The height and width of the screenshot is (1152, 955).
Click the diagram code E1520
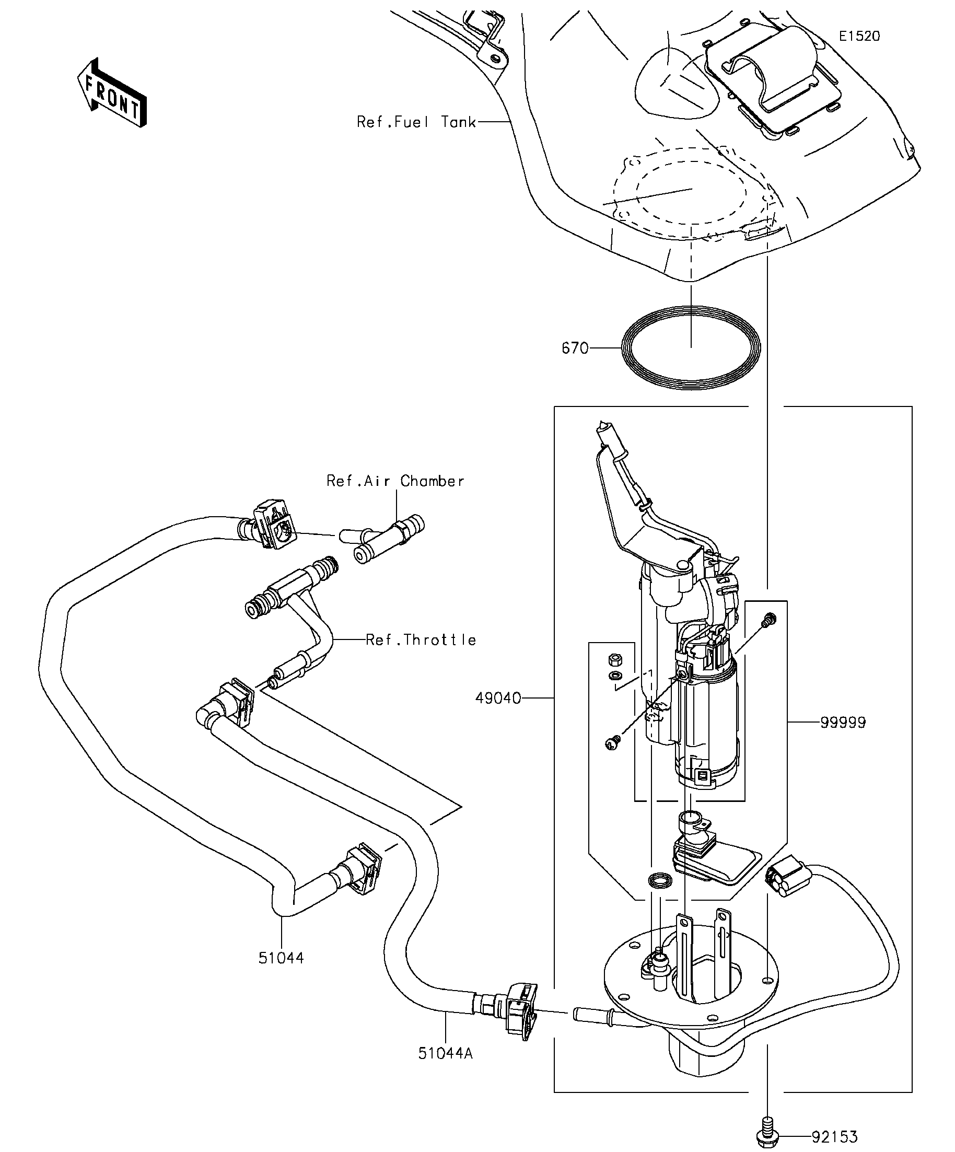pos(859,36)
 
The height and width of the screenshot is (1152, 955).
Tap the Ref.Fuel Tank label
pos(416,122)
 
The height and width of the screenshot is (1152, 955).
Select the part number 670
pos(575,348)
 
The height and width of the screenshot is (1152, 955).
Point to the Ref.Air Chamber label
pos(395,481)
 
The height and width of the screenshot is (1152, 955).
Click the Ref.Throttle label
pos(421,639)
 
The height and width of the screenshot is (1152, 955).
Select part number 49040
pos(498,699)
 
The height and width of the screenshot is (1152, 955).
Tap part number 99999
pos(843,723)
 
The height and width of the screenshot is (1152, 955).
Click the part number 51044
pos(282,958)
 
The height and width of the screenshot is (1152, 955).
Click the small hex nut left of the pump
pos(614,657)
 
